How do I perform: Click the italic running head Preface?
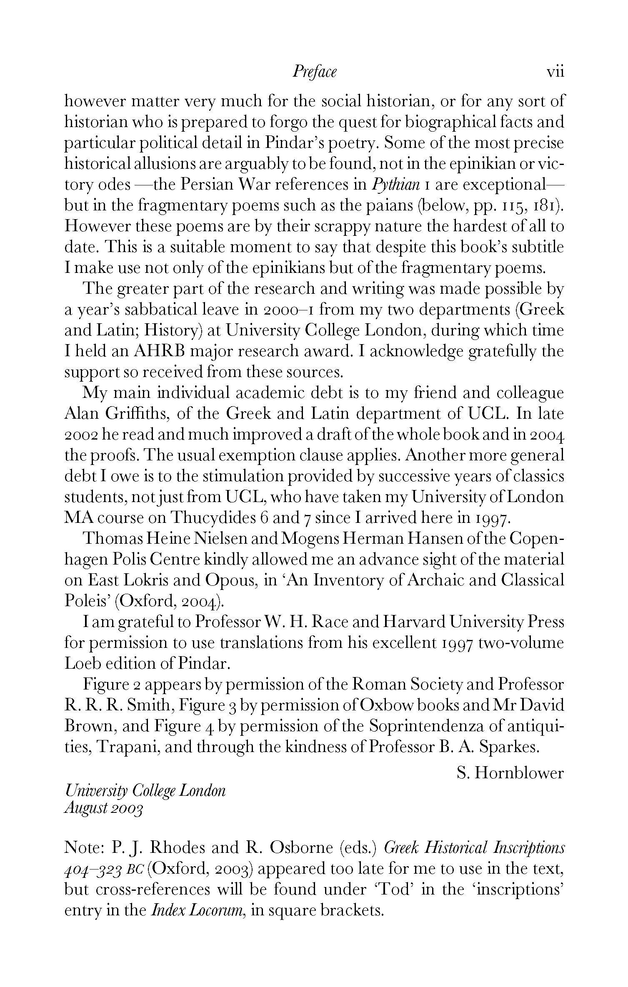(x=314, y=72)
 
